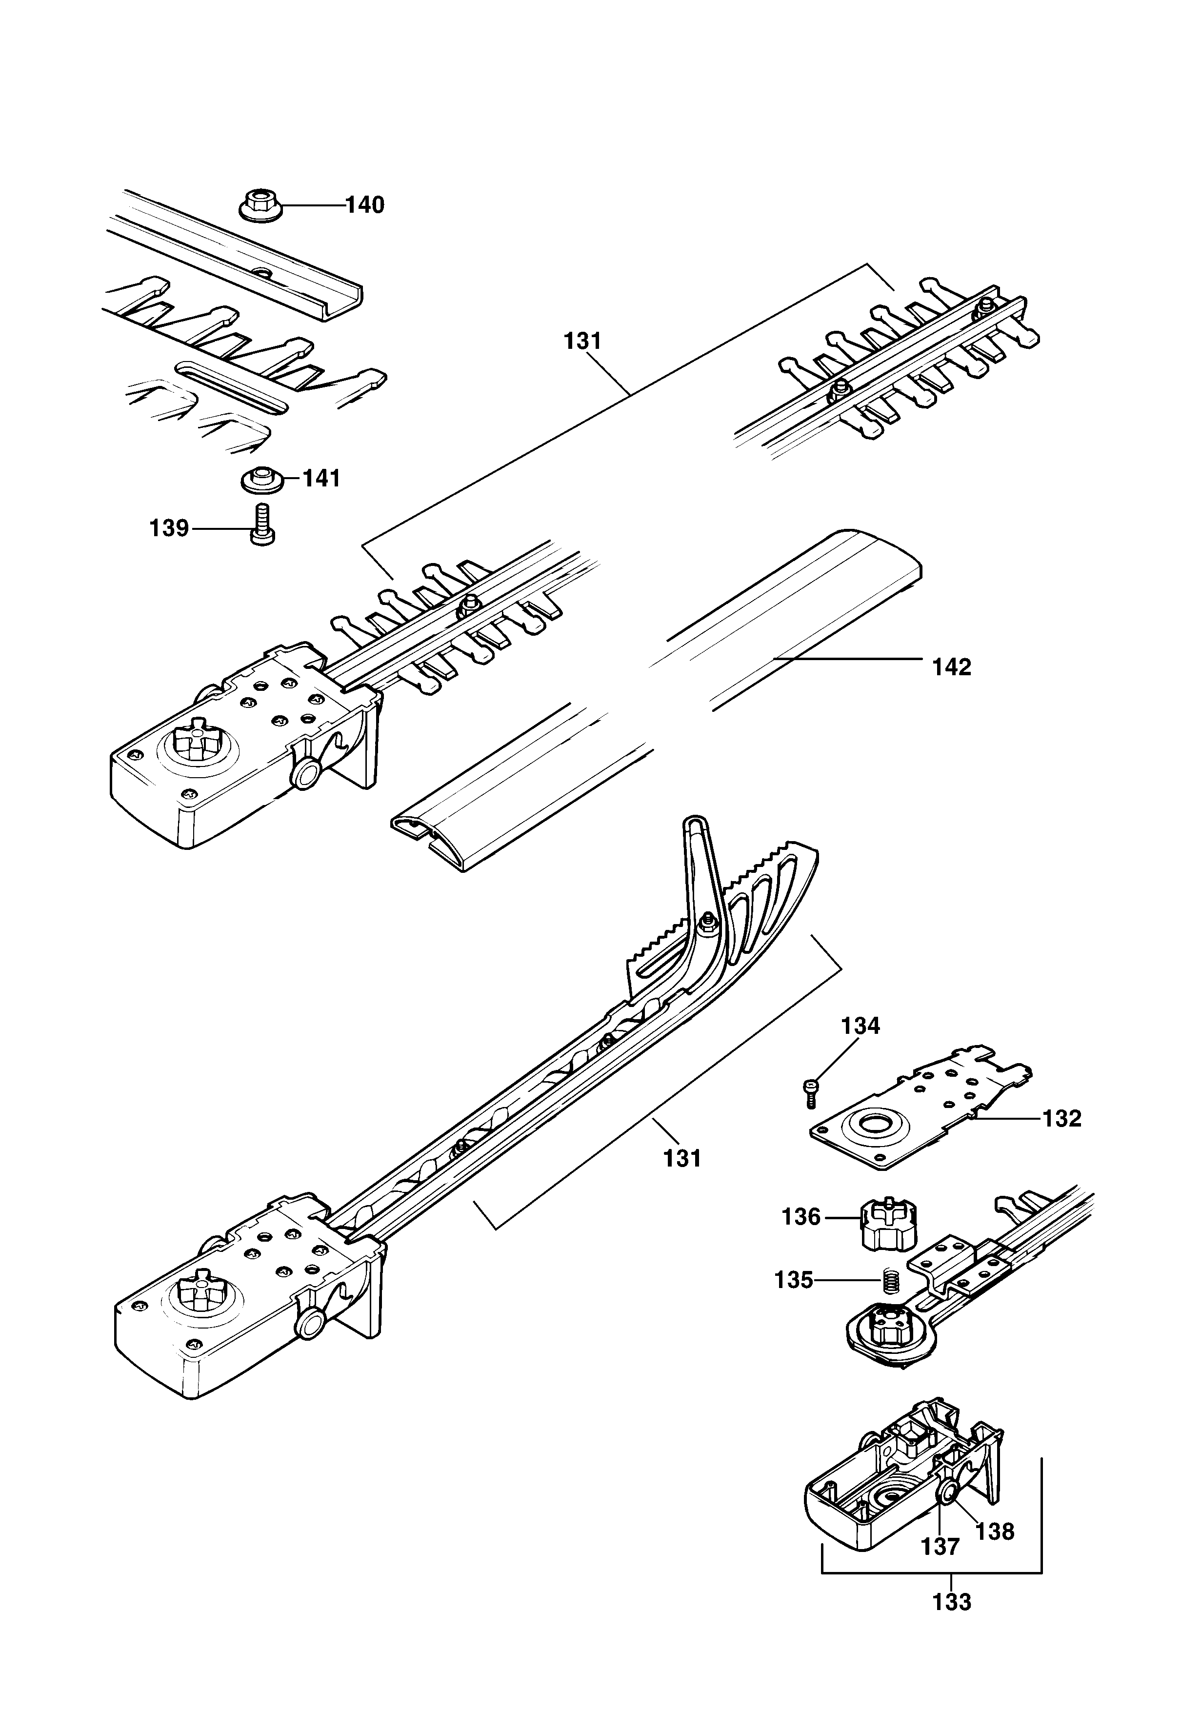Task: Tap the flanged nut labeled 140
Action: pyautogui.click(x=257, y=204)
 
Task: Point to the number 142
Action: pyautogui.click(x=952, y=667)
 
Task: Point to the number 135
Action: pyautogui.click(x=793, y=1280)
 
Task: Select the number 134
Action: pyautogui.click(x=861, y=1026)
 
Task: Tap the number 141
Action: pyautogui.click(x=321, y=479)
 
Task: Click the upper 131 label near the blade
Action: pyautogui.click(x=582, y=342)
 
